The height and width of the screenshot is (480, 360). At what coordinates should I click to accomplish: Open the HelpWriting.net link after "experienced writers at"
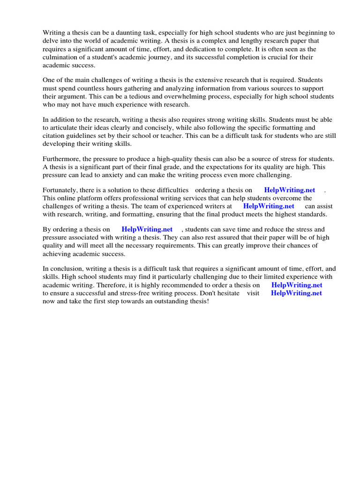[269, 206]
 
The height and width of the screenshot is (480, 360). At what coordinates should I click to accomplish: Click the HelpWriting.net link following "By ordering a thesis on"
[147, 229]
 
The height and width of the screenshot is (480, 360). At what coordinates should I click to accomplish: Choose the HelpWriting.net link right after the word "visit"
[296, 293]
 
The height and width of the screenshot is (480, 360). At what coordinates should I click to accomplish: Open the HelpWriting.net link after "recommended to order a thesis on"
[297, 285]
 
